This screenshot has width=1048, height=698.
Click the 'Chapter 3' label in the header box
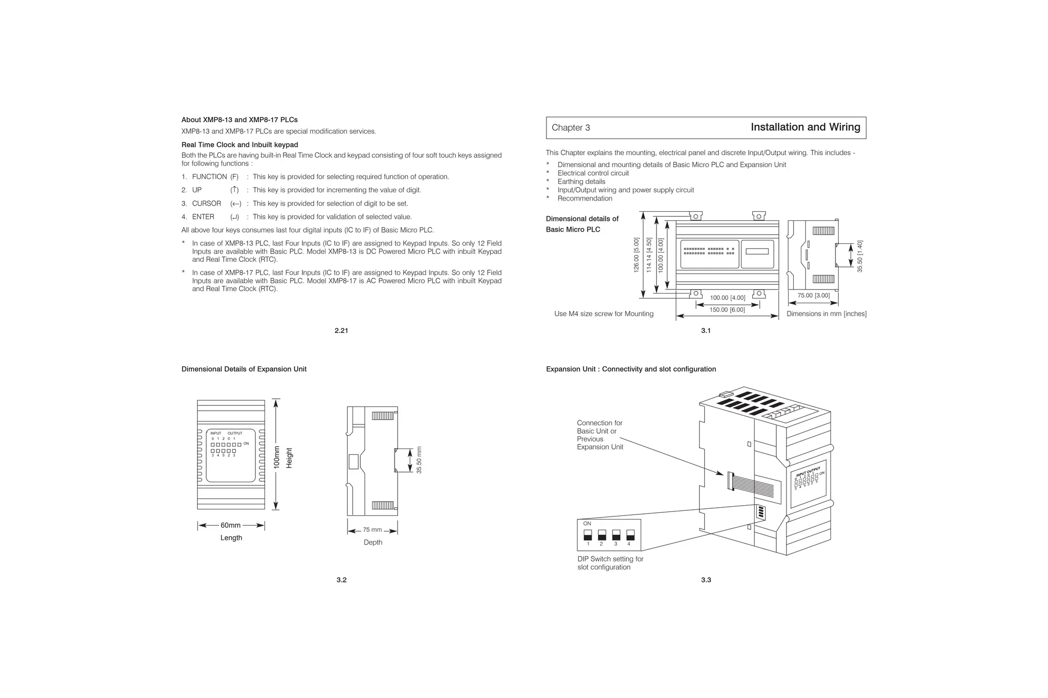[x=571, y=128]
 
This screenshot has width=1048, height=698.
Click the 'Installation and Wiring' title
[x=805, y=127]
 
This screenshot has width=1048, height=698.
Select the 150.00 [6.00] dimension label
[x=727, y=310]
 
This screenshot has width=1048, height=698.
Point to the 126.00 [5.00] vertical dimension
[x=637, y=255]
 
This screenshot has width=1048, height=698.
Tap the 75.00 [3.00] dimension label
[x=814, y=296]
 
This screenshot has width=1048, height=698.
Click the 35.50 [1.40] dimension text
[x=860, y=256]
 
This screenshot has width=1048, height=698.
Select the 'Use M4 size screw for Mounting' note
[x=603, y=314]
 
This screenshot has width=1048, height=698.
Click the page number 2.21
[x=341, y=331]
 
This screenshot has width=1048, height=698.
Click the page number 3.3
[x=706, y=580]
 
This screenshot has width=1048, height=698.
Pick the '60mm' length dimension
[x=230, y=526]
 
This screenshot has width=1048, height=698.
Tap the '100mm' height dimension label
[x=277, y=457]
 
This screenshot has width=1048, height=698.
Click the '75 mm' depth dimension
[x=373, y=530]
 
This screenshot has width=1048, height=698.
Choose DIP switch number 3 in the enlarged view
[x=616, y=536]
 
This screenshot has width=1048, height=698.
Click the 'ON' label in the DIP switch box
[x=587, y=524]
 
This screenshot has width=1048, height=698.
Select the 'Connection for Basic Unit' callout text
[x=599, y=435]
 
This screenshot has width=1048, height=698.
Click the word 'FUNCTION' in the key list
[x=209, y=177]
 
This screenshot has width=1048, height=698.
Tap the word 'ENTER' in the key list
[x=203, y=217]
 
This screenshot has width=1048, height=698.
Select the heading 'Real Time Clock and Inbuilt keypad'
[x=239, y=145]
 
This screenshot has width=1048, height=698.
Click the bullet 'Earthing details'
[x=581, y=182]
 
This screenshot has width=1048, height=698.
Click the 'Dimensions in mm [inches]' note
[x=826, y=314]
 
